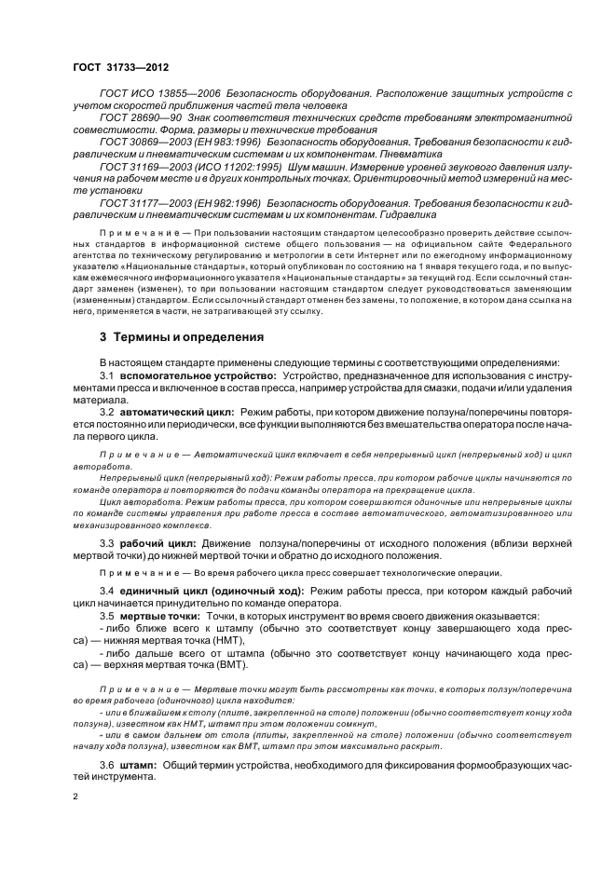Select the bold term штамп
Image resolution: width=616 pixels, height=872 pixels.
[x=139, y=764]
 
